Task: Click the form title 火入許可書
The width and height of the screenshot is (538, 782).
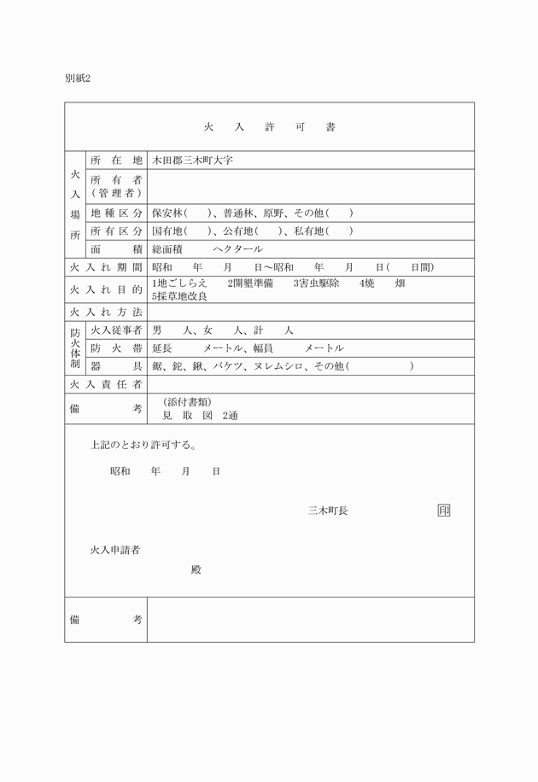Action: (x=269, y=126)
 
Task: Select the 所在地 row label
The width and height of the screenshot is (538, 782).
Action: (x=116, y=160)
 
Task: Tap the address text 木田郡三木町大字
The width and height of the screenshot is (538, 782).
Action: (x=192, y=160)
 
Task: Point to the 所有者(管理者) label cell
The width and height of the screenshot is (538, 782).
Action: (x=116, y=186)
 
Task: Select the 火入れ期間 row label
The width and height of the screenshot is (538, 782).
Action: (x=105, y=267)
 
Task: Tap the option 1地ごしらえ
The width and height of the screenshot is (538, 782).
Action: (x=179, y=283)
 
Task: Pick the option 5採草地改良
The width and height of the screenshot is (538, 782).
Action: (x=179, y=295)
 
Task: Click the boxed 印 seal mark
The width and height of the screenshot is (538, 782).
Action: (x=443, y=511)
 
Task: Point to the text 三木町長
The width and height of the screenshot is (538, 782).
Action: (x=328, y=511)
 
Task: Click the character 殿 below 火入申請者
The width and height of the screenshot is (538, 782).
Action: (x=196, y=569)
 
